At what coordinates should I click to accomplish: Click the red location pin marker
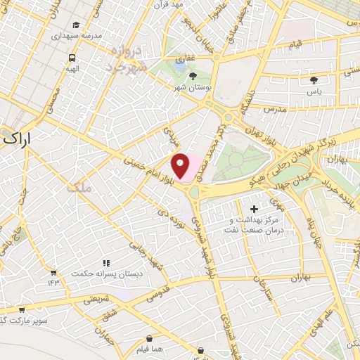tap(181, 165)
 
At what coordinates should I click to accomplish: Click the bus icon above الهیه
tap(72, 58)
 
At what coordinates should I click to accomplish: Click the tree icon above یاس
tap(314, 81)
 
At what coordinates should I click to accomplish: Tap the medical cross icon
tap(254, 209)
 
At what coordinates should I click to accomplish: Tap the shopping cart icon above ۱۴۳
tap(53, 271)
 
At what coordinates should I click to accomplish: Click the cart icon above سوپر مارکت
tap(22, 309)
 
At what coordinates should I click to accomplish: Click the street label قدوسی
tap(157, 292)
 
